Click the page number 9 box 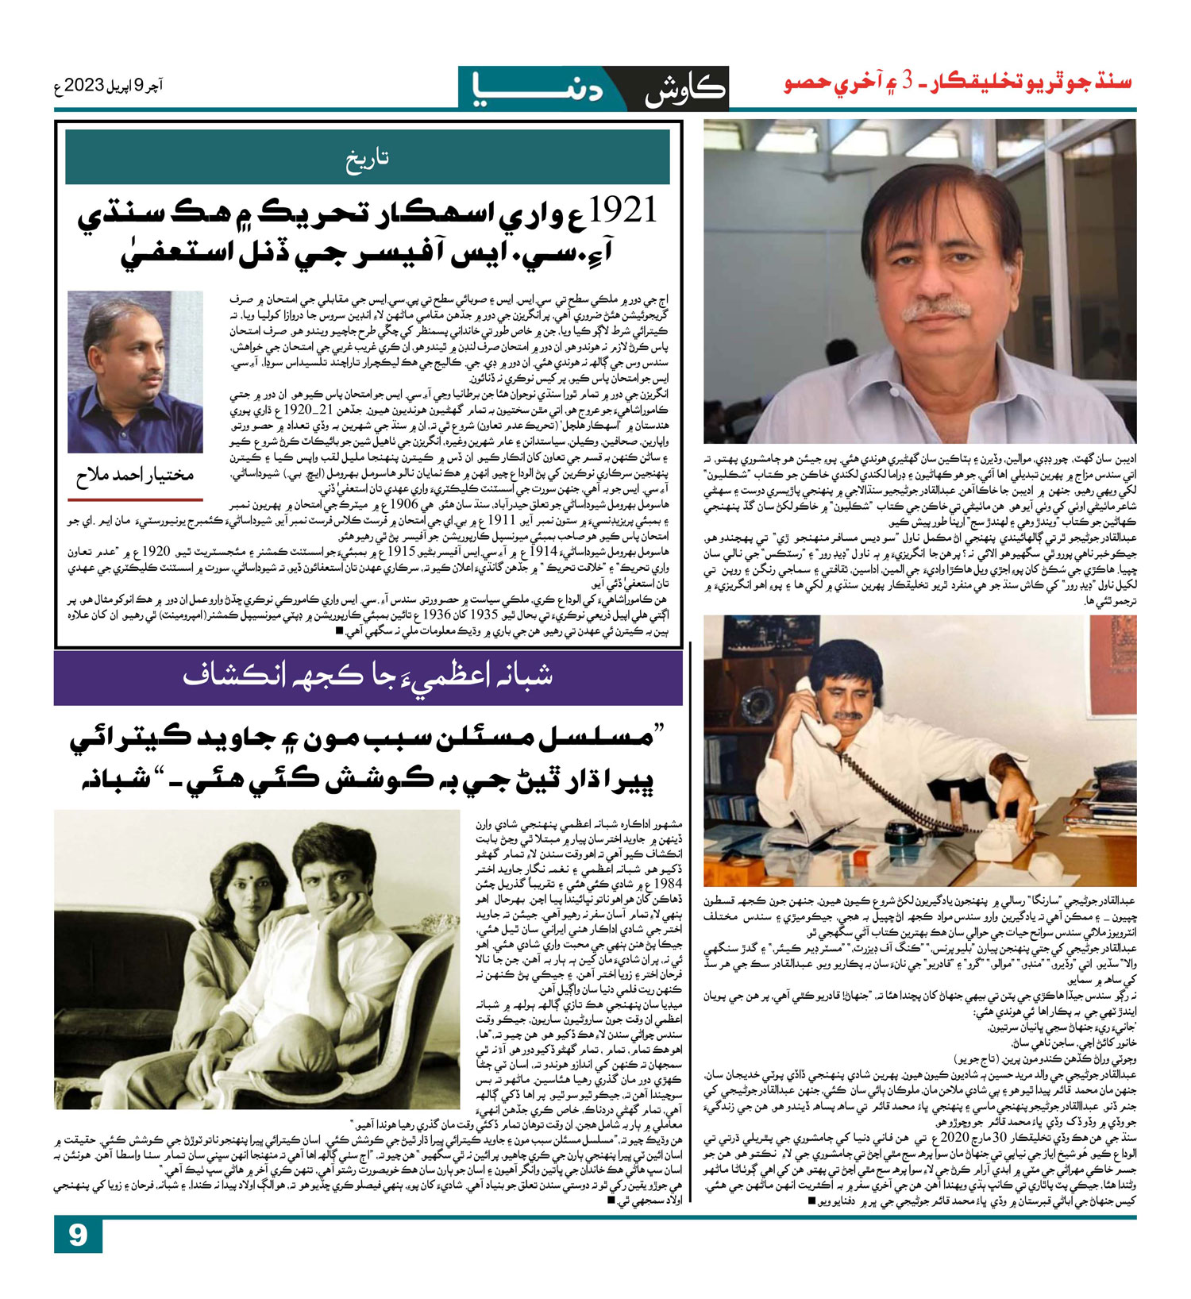pos(78,1235)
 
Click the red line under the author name pos(135,499)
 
